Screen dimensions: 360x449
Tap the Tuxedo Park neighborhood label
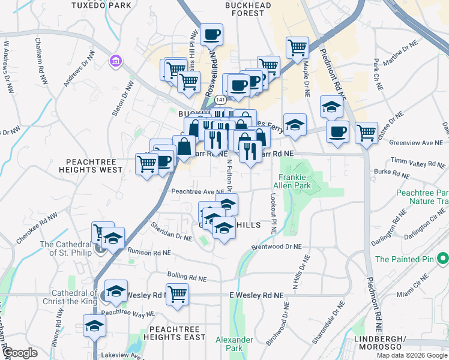coord(101,5)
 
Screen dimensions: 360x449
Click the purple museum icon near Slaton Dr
coord(115,61)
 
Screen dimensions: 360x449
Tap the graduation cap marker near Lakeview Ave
coord(94,326)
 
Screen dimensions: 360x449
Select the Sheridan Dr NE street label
coord(171,233)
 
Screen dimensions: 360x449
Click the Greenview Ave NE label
coord(415,143)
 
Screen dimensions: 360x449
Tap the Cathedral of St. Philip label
coord(66,248)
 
